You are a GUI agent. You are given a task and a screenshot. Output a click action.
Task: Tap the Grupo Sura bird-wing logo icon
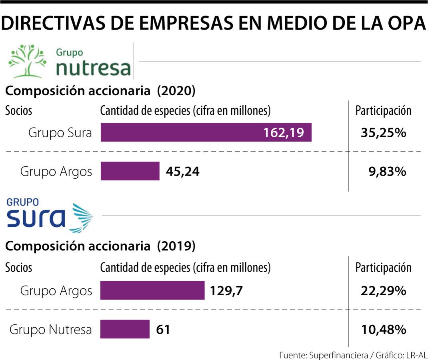(83, 218)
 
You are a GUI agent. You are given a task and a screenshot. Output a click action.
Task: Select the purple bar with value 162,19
(206, 132)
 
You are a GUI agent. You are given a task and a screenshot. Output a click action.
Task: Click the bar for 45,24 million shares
(130, 171)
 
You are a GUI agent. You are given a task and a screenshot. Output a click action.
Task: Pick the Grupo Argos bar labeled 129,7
(152, 290)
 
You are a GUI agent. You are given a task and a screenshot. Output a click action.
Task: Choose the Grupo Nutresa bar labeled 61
(125, 329)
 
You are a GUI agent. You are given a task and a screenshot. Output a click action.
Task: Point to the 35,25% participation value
(384, 133)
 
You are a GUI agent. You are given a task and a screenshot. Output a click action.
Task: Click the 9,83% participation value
(387, 172)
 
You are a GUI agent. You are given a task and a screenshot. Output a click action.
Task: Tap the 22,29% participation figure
(384, 291)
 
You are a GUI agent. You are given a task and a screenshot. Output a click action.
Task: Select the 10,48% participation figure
(384, 330)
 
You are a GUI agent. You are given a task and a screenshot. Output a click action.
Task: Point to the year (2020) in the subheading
(176, 91)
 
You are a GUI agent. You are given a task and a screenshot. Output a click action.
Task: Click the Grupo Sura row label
(60, 133)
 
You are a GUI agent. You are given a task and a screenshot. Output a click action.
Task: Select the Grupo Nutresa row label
(50, 330)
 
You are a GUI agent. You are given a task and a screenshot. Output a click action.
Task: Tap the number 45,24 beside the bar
(182, 172)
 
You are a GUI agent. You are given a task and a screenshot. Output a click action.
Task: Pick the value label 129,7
(226, 291)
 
